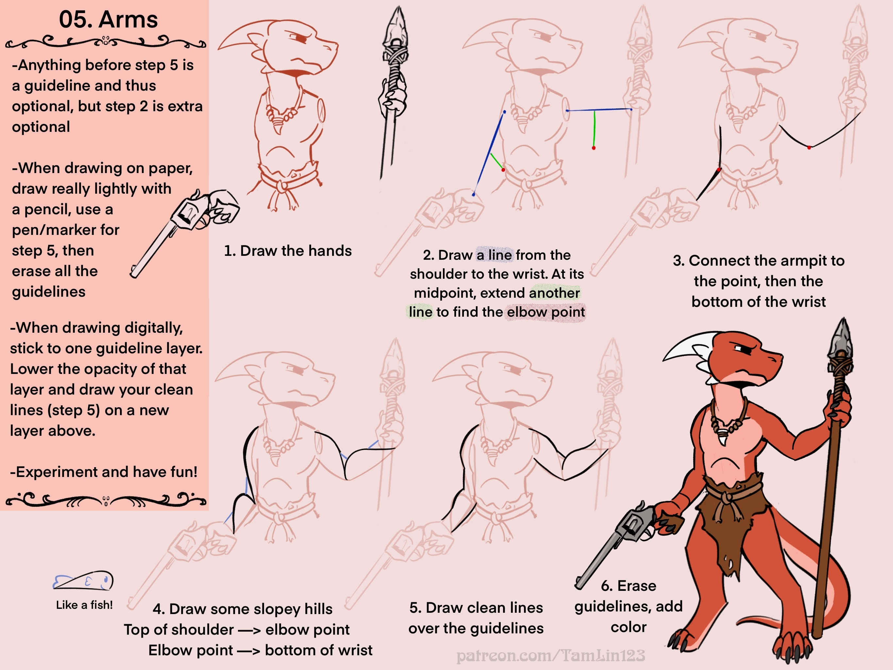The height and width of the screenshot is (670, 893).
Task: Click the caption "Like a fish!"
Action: pyautogui.click(x=84, y=605)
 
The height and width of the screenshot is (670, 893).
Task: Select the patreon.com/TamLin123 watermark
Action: pyautogui.click(x=551, y=656)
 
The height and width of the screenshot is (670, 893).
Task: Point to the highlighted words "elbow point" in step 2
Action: pyautogui.click(x=546, y=312)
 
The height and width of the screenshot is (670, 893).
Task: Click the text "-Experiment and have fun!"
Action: pyautogui.click(x=104, y=472)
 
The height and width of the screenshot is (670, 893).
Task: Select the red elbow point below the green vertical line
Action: pyautogui.click(x=594, y=148)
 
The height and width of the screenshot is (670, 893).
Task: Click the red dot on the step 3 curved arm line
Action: pyautogui.click(x=809, y=148)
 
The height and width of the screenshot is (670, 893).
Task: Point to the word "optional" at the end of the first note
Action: pyautogui.click(x=41, y=127)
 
